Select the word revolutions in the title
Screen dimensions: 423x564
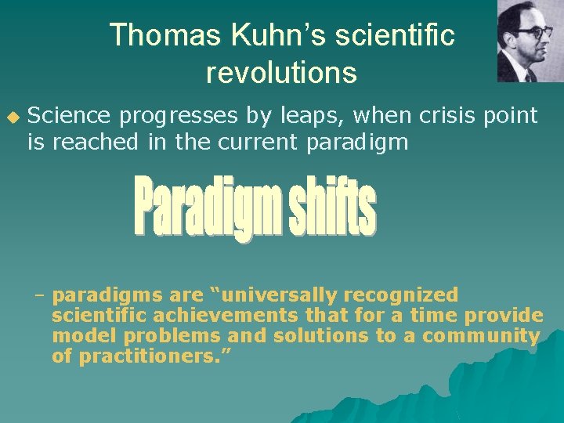tap(281, 73)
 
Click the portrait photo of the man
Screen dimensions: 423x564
tap(529, 41)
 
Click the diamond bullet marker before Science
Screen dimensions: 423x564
tap(12, 117)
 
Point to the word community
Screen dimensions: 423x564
tap(481, 336)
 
